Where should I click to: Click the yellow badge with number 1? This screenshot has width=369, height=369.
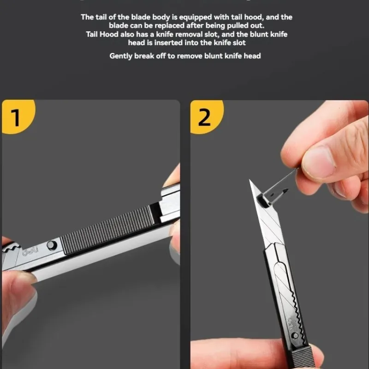[17, 116]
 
